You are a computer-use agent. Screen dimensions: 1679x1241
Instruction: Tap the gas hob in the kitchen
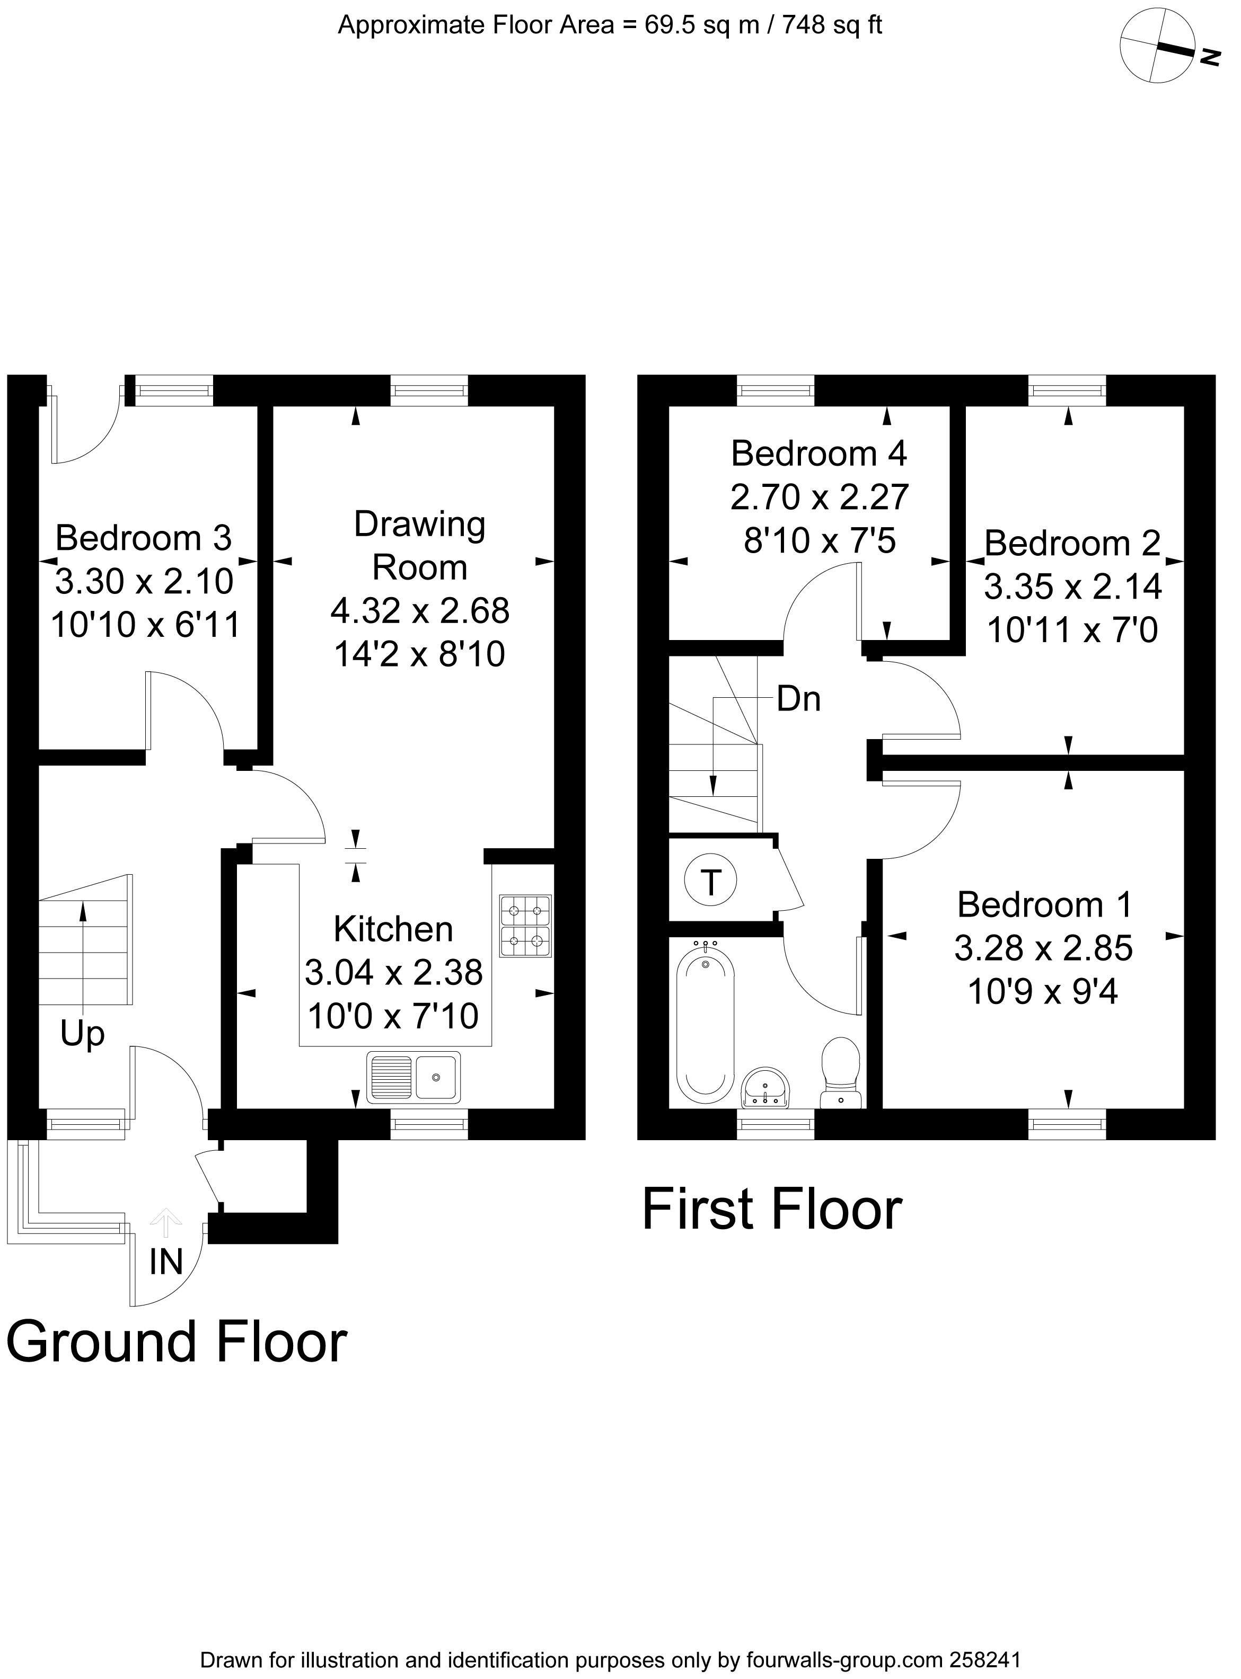(525, 925)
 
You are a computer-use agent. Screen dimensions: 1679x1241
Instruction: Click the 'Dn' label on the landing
(798, 699)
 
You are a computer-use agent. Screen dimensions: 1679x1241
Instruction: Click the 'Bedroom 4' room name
(819, 454)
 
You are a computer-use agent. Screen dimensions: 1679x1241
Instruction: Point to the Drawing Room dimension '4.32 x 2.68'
(420, 610)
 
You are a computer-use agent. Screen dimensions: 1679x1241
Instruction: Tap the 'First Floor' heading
(771, 1210)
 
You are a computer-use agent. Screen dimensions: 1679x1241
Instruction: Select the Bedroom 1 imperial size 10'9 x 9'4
(1043, 992)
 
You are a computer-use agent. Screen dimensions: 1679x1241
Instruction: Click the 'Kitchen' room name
(393, 929)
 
